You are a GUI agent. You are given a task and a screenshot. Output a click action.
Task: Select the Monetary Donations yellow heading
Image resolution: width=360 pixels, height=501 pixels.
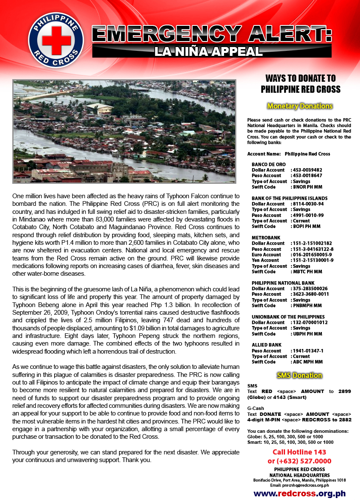(300, 106)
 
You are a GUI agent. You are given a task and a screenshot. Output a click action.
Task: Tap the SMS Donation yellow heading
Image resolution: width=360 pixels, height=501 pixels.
(300, 375)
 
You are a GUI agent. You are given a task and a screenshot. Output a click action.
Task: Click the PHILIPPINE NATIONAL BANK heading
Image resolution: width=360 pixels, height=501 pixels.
(283, 283)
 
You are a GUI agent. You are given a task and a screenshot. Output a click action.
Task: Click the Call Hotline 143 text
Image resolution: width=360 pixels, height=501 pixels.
(299, 452)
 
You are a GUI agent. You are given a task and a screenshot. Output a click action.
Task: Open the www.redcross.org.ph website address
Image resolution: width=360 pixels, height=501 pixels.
(299, 493)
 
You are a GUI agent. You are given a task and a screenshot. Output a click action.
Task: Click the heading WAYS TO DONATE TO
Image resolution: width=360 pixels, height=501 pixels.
(300, 78)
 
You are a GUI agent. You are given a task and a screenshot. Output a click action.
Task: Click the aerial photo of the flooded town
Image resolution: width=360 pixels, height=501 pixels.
(124, 131)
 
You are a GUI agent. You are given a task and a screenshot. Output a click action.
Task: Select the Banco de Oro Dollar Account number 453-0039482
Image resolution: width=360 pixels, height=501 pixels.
(308, 170)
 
